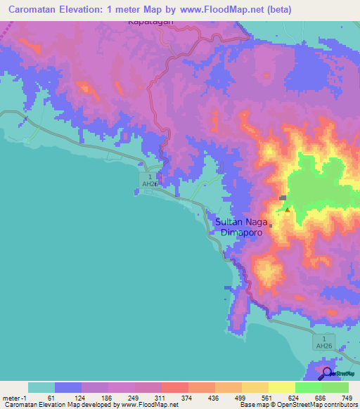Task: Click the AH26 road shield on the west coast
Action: (x=148, y=180)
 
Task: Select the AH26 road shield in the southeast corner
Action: (x=323, y=342)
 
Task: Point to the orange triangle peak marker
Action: (x=287, y=209)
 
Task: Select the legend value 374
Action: (x=188, y=398)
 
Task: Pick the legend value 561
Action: (x=269, y=398)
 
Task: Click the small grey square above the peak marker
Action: (x=283, y=198)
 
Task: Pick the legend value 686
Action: (x=322, y=398)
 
